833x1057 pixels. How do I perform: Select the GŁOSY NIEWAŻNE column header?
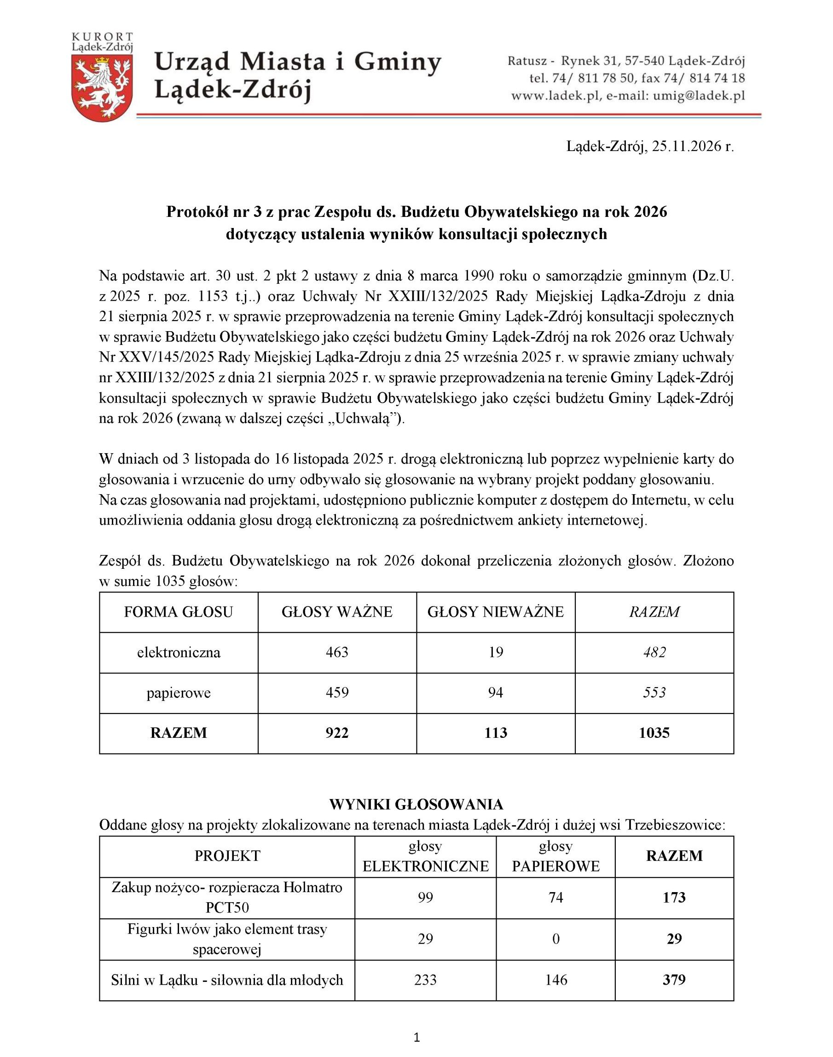496,612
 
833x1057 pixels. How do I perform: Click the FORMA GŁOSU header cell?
179,612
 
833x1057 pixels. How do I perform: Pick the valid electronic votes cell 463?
337,653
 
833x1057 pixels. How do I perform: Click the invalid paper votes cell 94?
496,693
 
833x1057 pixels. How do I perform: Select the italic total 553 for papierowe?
654,693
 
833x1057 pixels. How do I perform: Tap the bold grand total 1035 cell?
654,733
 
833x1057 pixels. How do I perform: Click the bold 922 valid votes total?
337,733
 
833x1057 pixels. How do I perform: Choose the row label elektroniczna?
179,653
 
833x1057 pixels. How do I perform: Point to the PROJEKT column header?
227,855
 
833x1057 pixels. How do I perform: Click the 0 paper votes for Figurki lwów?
555,939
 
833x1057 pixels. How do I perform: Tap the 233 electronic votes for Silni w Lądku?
425,980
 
